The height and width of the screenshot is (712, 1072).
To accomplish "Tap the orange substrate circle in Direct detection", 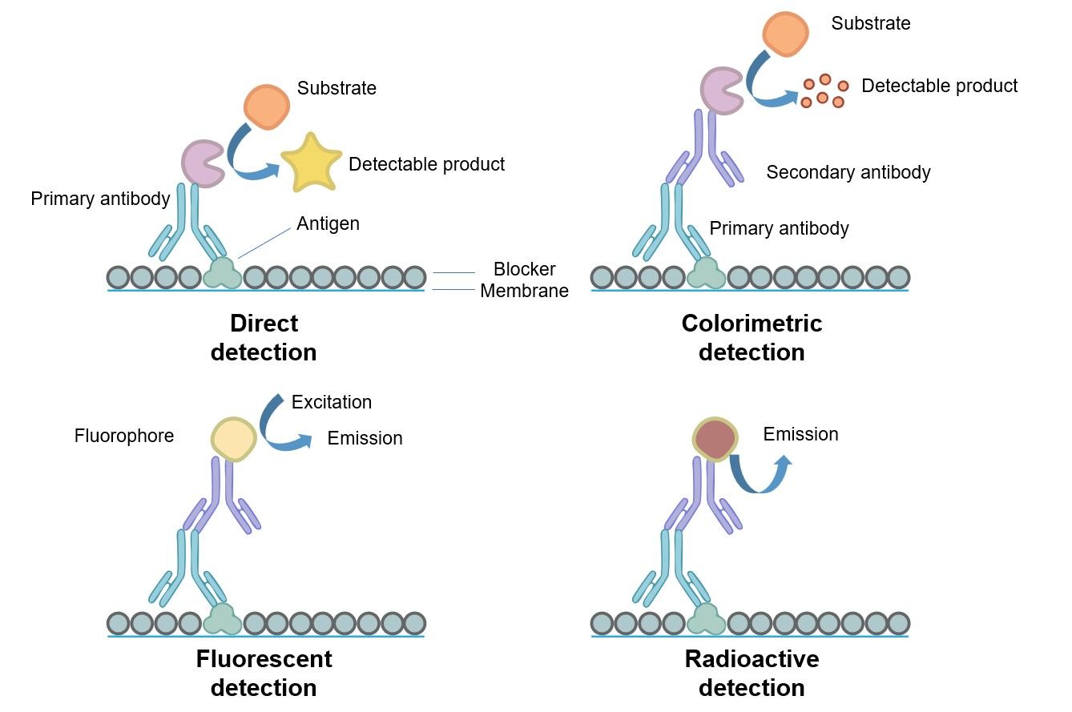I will [x=266, y=106].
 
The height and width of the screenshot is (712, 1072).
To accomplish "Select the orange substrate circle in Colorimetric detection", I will [x=784, y=34].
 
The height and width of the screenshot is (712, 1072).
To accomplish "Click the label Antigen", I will [x=328, y=223].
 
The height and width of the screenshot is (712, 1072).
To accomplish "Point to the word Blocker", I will [x=524, y=269].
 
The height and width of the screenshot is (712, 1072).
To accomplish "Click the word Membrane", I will [x=524, y=291].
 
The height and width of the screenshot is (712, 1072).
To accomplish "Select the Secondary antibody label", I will [x=848, y=172].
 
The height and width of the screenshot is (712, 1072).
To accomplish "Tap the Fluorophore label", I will [x=124, y=436].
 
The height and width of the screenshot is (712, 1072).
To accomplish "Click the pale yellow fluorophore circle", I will [x=233, y=439].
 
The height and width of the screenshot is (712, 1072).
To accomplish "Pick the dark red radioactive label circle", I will [x=715, y=439].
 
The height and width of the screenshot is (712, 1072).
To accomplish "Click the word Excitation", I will [x=332, y=402].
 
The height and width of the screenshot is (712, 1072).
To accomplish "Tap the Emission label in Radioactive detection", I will [x=800, y=434].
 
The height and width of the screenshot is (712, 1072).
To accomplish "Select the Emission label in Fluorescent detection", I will [x=365, y=438].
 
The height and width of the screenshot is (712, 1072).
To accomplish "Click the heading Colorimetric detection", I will [x=752, y=337].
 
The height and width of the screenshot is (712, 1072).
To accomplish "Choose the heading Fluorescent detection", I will [x=264, y=673].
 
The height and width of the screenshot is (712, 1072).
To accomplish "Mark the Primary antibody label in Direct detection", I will [x=100, y=199].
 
